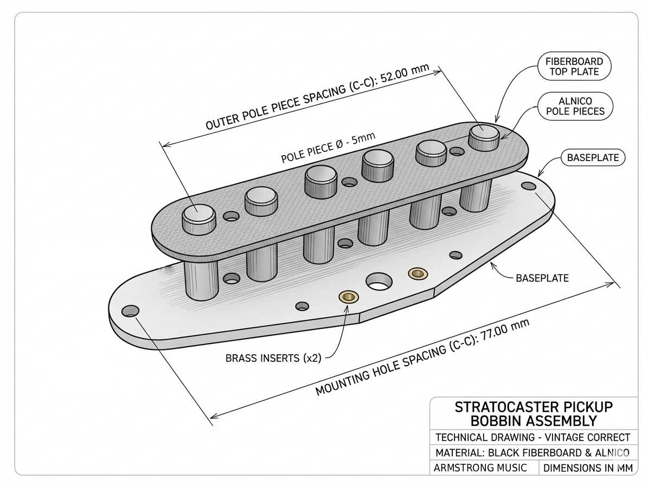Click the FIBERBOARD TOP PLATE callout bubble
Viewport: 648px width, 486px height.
coord(574,67)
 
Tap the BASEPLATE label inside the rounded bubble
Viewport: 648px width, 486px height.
coord(592,158)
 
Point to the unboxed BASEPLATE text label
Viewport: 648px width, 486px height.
coord(542,278)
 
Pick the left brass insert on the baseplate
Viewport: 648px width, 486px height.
coord(347,296)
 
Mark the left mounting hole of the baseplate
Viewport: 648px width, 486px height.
coord(130,312)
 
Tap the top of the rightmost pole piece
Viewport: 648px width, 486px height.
coord(483,132)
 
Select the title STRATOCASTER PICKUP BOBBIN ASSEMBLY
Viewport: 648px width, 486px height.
coord(534,414)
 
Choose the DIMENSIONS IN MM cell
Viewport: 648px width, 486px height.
coord(588,468)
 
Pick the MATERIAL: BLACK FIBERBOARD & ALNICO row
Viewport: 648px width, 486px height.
coord(532,452)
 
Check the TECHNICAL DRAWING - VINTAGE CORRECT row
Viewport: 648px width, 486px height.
coord(532,437)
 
